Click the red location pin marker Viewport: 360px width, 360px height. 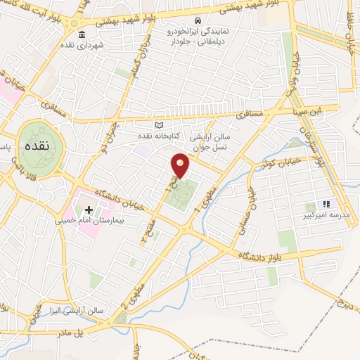[x=181, y=165]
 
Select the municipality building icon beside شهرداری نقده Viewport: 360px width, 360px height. [x=82, y=35]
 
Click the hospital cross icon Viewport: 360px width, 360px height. [x=89, y=210]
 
